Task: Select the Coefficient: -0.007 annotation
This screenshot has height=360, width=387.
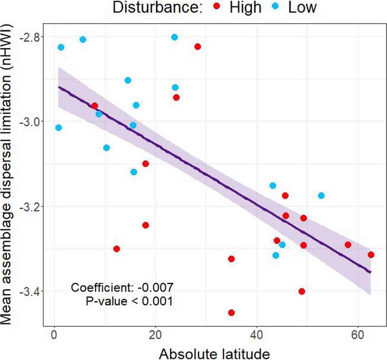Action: (x=122, y=287)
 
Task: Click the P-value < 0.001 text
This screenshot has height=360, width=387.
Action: (x=129, y=301)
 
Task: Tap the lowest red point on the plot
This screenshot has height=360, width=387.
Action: (x=231, y=313)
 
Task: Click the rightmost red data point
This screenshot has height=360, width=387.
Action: (x=371, y=255)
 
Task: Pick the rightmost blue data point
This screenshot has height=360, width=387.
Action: (x=321, y=196)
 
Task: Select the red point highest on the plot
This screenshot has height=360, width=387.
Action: (x=197, y=47)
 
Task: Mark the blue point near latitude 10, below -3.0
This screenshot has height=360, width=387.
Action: (x=106, y=148)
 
